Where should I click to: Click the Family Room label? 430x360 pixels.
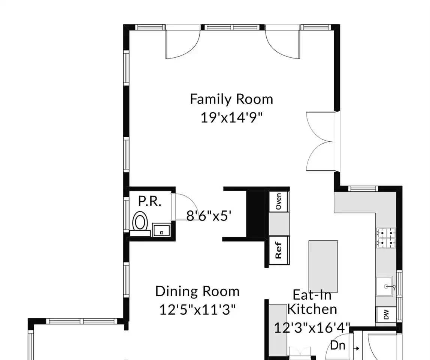pyautogui.click(x=231, y=99)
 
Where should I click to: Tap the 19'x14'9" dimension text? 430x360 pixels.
pyautogui.click(x=231, y=118)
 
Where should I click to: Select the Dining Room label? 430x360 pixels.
pyautogui.click(x=197, y=291)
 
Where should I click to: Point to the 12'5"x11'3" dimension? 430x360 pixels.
pyautogui.click(x=197, y=310)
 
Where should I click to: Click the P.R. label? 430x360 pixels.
pyautogui.click(x=149, y=201)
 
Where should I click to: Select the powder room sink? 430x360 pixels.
pyautogui.click(x=161, y=229)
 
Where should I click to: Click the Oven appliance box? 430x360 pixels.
pyautogui.click(x=279, y=201)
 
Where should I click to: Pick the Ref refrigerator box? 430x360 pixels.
pyautogui.click(x=279, y=250)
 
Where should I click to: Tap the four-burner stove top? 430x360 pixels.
pyautogui.click(x=386, y=238)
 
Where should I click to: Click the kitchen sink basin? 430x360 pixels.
pyautogui.click(x=385, y=286)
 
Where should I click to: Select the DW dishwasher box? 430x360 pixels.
pyautogui.click(x=386, y=314)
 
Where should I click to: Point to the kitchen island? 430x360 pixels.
pyautogui.click(x=323, y=266)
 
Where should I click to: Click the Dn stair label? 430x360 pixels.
pyautogui.click(x=337, y=345)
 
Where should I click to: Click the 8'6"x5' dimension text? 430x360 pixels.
pyautogui.click(x=208, y=216)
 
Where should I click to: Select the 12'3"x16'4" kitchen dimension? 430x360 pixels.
pyautogui.click(x=312, y=328)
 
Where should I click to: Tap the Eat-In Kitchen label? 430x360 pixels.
pyautogui.click(x=312, y=302)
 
